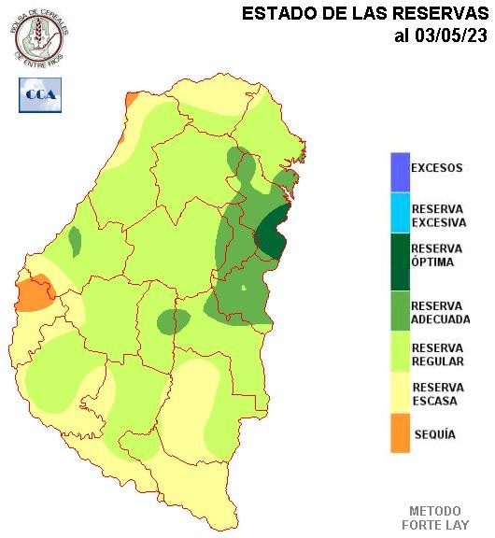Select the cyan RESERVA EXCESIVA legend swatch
(x=400, y=214)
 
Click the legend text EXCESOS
(x=437, y=169)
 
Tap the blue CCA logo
(x=40, y=94)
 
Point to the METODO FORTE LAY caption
(x=435, y=517)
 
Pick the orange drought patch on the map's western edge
(x=34, y=293)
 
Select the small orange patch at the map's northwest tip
(x=132, y=98)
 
